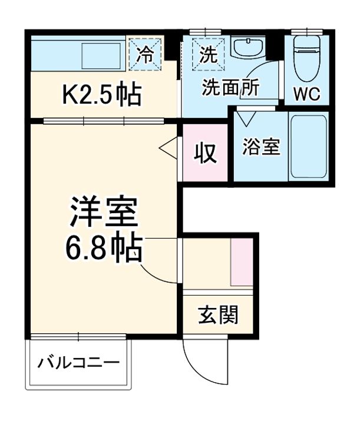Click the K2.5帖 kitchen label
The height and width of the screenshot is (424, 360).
tap(102, 94)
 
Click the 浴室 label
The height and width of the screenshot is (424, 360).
tap(260, 147)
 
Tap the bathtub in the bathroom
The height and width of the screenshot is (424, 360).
tap(308, 147)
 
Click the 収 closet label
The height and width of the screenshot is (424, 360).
tap(205, 153)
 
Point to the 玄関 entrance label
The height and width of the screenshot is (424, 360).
tap(218, 316)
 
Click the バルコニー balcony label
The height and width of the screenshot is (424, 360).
tap(79, 362)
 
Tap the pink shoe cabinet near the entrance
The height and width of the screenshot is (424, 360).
tap(241, 263)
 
